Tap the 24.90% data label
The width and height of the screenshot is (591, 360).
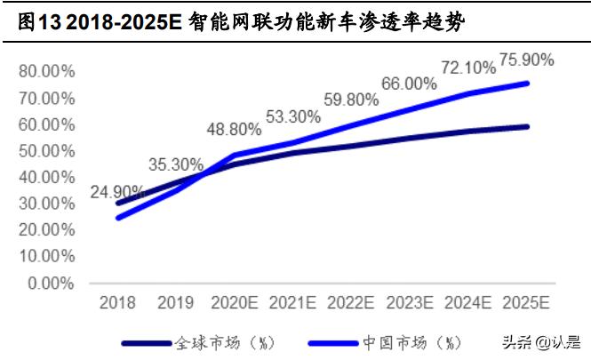pyautogui.click(x=116, y=192)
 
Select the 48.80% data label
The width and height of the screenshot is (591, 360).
pyautogui.click(x=236, y=129)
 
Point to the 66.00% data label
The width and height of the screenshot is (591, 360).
pyautogui.click(x=409, y=84)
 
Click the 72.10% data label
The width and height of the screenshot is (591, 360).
pyautogui.click(x=467, y=67)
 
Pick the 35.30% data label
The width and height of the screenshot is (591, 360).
pyautogui.click(x=175, y=164)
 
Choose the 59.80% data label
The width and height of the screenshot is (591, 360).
pyautogui.click(x=351, y=100)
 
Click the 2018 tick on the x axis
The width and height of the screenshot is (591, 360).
pyautogui.click(x=117, y=303)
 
